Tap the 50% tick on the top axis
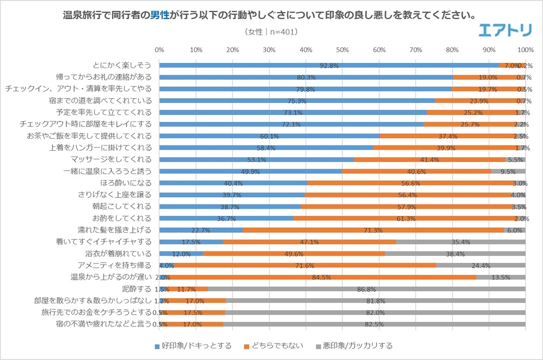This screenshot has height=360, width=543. point(342,50)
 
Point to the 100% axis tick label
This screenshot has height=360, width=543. point(525,50)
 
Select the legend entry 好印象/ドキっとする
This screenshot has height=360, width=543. point(193,346)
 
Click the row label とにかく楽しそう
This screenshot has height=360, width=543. point(123,65)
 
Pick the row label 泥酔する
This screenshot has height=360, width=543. point(139,288)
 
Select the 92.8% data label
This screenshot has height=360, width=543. point(329,66)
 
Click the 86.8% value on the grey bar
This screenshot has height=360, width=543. point(367,289)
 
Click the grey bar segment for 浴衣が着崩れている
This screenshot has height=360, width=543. point(455,253)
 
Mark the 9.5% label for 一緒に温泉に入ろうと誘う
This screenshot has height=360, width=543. point(508,172)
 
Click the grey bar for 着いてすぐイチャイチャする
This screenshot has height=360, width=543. point(460,242)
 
